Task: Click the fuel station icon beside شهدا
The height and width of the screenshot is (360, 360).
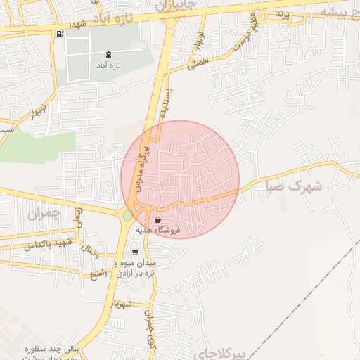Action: [x=58, y=34]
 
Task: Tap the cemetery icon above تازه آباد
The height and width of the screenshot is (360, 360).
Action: [x=108, y=54]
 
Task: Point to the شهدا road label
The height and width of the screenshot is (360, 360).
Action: [x=77, y=25]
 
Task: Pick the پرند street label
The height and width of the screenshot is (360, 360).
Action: [x=282, y=13]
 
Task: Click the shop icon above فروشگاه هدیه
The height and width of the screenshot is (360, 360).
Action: [x=157, y=220]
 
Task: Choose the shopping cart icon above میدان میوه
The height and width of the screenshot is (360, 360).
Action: [x=135, y=252]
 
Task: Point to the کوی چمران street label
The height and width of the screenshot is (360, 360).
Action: [x=149, y=321]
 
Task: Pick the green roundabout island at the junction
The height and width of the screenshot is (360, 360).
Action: [x=127, y=215]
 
